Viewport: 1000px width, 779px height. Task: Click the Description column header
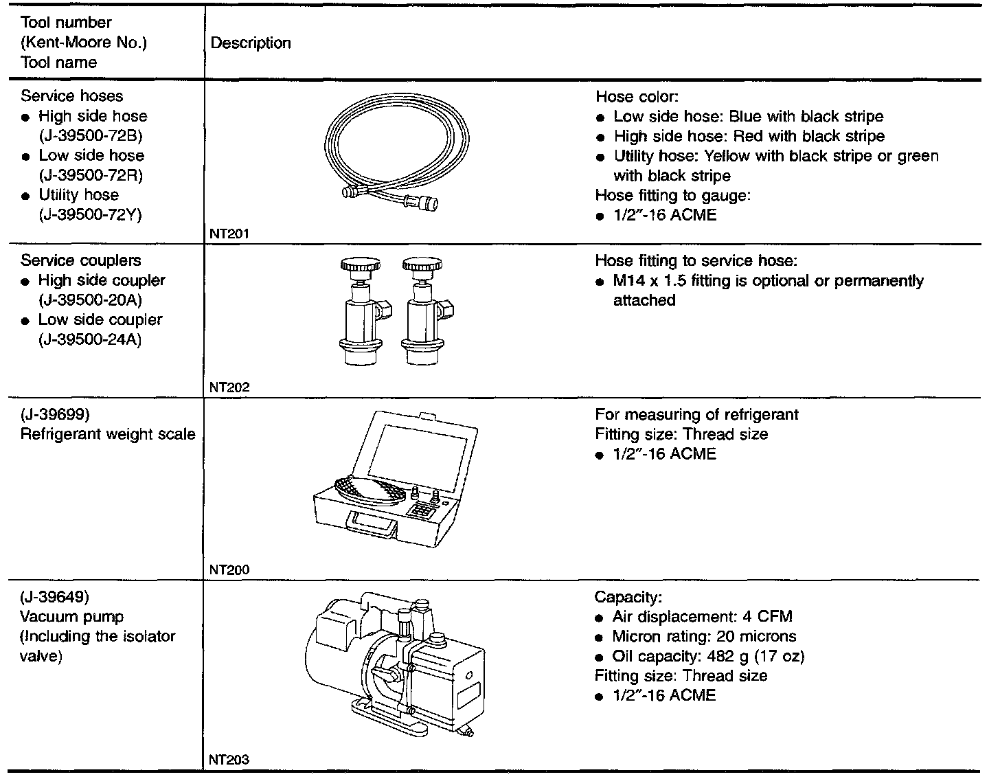251,43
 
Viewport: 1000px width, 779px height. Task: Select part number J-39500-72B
91,135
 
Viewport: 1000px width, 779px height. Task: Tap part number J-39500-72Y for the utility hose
91,214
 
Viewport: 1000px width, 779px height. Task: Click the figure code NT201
229,234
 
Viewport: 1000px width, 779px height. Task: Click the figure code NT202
229,387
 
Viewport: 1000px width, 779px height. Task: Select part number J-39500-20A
91,300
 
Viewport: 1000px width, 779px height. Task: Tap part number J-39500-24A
91,339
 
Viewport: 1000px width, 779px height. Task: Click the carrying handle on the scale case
374,526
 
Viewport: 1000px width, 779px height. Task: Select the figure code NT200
229,569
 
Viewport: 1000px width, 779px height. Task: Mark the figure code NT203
229,760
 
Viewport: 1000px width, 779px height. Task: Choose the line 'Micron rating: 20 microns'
704,636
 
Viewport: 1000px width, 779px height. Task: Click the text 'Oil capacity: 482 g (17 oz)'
708,656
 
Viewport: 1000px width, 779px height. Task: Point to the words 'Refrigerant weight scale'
108,434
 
